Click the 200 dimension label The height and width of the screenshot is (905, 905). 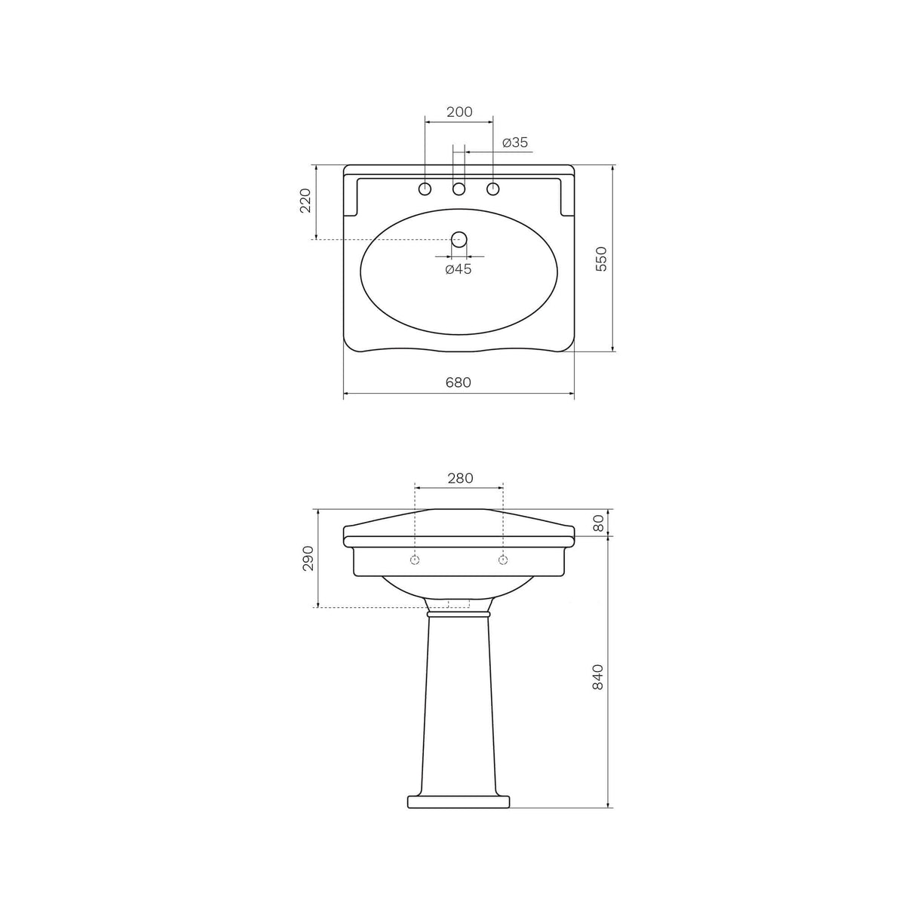(459, 112)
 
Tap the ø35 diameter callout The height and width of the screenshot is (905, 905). (515, 143)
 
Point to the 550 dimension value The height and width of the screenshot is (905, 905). (601, 259)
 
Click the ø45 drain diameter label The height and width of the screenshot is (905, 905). (459, 269)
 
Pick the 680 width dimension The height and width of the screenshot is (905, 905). (458, 382)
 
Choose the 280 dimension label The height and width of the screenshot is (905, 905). (459, 478)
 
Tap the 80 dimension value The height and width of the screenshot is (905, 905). (600, 523)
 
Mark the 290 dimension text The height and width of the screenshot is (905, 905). (308, 558)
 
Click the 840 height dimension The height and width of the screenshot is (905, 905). (599, 677)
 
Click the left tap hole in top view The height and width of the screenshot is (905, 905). (425, 189)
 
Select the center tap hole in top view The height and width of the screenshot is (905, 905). (459, 189)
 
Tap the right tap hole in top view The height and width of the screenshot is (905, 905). (493, 189)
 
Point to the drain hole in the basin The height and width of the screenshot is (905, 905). (459, 240)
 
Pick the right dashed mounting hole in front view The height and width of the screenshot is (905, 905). (503, 560)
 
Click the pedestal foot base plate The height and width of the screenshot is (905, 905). (459, 801)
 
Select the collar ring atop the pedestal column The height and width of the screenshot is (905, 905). (459, 615)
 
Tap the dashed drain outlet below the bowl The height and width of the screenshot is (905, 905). (459, 603)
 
